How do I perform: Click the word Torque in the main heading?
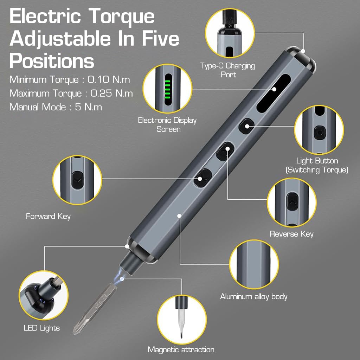coord(121,16)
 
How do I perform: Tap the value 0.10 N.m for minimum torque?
coord(109,79)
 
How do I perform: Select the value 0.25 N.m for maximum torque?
coord(111,93)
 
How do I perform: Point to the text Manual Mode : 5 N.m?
coord(56,107)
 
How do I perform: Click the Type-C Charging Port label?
coord(227,70)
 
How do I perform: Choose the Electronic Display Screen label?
coord(167,125)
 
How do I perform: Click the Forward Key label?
coord(48,216)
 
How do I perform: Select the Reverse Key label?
coord(291,234)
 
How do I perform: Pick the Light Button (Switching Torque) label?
coord(317,165)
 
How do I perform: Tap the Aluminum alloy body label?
coord(254,296)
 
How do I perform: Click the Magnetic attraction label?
coord(181,349)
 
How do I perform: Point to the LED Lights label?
coord(42,328)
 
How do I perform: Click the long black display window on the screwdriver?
coord(274,93)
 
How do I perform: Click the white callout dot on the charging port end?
coord(303,51)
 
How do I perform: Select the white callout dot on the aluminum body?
coord(180,216)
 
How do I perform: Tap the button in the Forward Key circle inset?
coord(77,180)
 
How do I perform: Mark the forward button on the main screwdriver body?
coord(203,178)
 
